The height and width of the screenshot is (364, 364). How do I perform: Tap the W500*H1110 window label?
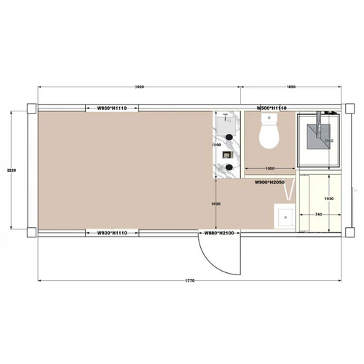tap(272, 108)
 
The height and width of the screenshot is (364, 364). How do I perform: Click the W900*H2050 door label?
tap(269, 182)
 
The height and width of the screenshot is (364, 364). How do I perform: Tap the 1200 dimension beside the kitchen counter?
tap(215, 145)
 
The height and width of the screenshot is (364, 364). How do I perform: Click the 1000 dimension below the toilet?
tap(269, 168)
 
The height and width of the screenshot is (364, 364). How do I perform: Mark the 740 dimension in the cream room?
tap(318, 215)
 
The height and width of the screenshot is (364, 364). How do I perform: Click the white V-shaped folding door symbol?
tap(290, 193)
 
